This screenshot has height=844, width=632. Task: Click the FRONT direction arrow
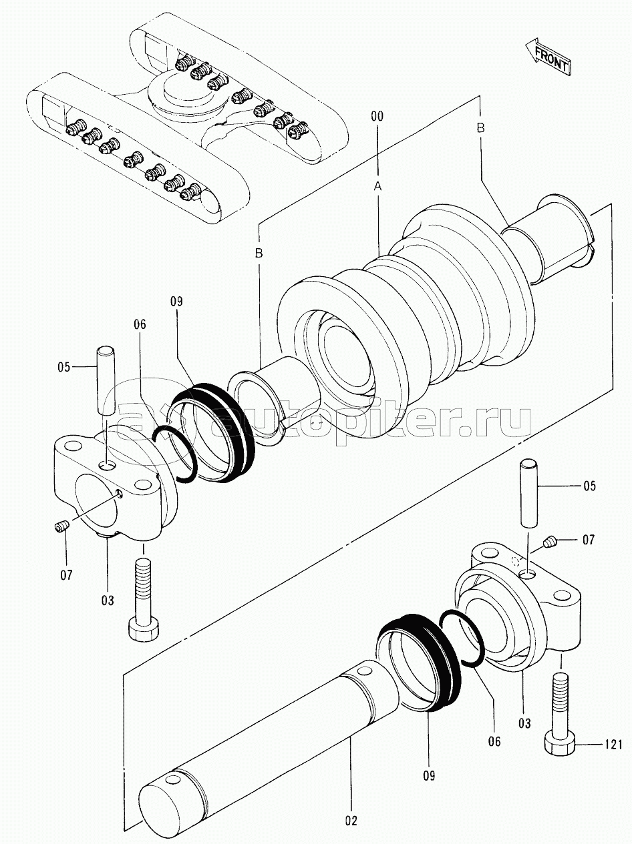coord(547,56)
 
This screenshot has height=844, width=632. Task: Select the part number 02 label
coord(351,821)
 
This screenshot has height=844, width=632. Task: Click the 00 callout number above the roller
coord(377,116)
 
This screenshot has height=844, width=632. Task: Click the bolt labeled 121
coord(559,713)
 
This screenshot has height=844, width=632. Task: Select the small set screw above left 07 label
coord(61,529)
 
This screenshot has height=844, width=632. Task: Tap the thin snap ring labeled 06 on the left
coord(174,454)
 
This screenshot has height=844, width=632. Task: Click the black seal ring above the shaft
coord(420,661)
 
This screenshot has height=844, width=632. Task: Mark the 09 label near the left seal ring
coord(176,302)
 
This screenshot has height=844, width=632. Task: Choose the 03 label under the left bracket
coord(108,600)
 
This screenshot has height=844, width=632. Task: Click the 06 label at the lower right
coord(494,741)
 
